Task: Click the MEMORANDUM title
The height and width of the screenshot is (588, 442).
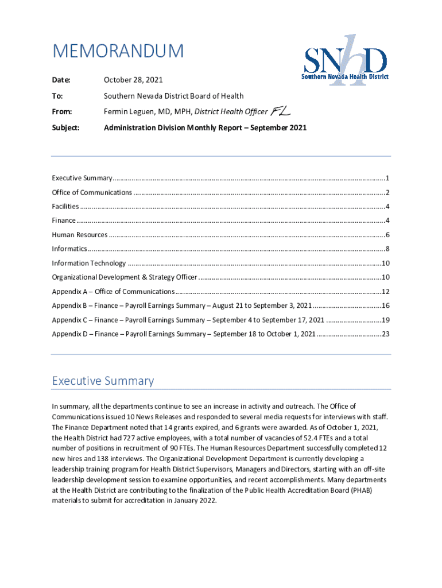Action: tap(118, 52)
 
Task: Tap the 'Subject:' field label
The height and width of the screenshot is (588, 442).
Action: tap(66, 127)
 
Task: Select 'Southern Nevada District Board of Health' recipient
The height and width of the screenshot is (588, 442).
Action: tap(173, 96)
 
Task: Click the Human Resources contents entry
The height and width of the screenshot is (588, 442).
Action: tap(79, 235)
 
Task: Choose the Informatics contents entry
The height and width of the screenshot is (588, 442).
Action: tap(69, 249)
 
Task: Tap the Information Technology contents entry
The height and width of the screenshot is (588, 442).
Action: tap(88, 263)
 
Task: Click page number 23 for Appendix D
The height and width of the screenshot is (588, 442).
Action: tap(386, 334)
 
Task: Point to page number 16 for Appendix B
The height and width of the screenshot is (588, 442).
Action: tap(386, 305)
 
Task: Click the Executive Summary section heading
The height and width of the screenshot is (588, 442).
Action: tap(103, 381)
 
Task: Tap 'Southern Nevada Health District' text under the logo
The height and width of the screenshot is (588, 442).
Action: tap(346, 77)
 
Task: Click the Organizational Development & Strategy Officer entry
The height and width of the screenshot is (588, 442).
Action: tap(124, 277)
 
